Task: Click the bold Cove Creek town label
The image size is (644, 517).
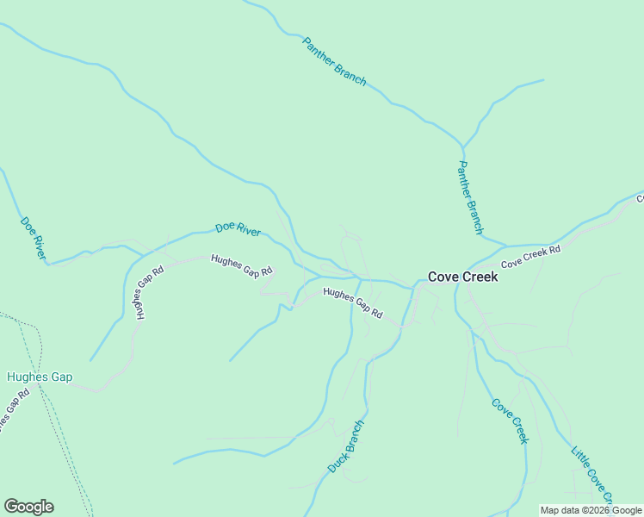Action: tap(462, 277)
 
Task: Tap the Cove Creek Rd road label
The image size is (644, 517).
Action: tap(530, 256)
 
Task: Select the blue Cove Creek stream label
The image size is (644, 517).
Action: tap(509, 420)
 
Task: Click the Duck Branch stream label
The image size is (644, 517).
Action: tap(346, 446)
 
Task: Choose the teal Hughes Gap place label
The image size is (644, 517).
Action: tap(40, 377)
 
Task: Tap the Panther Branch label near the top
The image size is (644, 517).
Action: tap(334, 61)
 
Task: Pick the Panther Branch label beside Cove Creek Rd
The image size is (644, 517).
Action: tap(471, 197)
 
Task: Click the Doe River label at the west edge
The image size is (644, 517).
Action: tap(34, 238)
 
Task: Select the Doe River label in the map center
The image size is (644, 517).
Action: tap(238, 228)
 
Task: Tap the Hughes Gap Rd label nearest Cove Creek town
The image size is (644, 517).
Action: tap(352, 303)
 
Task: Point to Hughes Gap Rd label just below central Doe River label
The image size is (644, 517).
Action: tap(241, 266)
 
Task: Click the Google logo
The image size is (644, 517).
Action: tap(28, 507)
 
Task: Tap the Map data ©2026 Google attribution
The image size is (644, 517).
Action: tap(591, 510)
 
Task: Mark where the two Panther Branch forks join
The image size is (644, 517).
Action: tap(463, 147)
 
